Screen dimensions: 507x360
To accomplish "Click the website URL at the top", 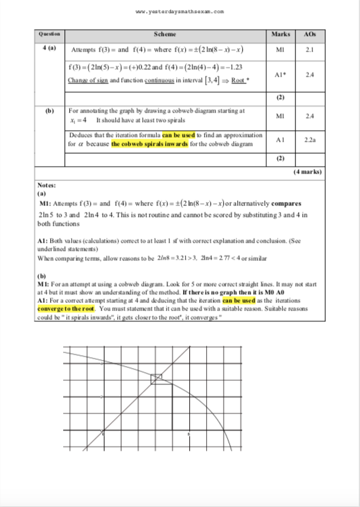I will click(x=180, y=12).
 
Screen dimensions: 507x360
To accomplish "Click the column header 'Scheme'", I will click(x=165, y=34).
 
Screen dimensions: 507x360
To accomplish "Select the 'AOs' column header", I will click(x=310, y=34).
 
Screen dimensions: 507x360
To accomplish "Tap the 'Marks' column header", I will click(x=280, y=34).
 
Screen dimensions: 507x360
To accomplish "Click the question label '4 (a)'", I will click(x=49, y=49).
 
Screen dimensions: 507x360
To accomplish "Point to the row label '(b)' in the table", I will click(x=49, y=109).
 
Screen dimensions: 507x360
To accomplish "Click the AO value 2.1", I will click(x=310, y=49).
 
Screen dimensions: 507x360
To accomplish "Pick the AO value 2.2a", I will click(x=310, y=140).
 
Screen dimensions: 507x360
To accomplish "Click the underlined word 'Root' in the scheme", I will click(x=237, y=81).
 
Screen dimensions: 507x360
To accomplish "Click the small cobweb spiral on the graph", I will click(x=156, y=378).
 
